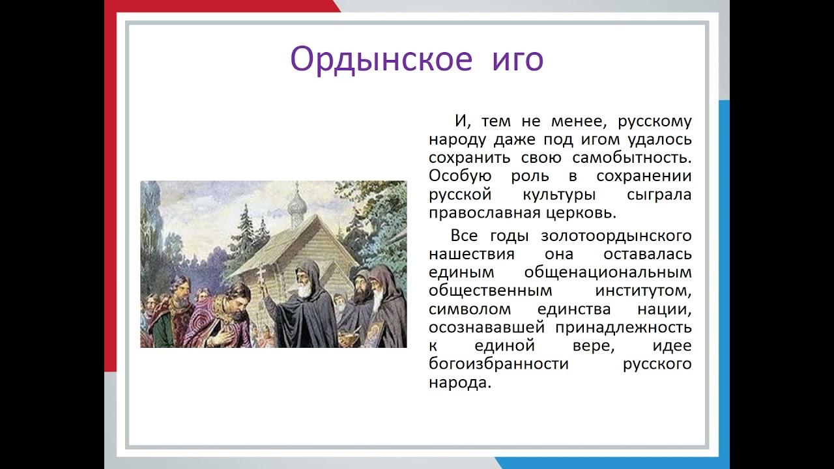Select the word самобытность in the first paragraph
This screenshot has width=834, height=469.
click(x=632, y=158)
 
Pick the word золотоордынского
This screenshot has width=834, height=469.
click(x=616, y=236)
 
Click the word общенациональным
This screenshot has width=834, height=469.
click(x=608, y=273)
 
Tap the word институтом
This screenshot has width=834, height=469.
click(x=643, y=291)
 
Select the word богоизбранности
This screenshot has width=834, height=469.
click(x=498, y=363)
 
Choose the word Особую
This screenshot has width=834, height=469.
click(x=460, y=176)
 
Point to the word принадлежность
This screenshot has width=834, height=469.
click(x=624, y=328)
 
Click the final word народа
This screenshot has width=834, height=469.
click(x=460, y=383)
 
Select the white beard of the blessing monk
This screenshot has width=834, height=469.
click(x=304, y=290)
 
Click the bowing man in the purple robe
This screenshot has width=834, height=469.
click(x=220, y=317)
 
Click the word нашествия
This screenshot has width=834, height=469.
click(x=472, y=255)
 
